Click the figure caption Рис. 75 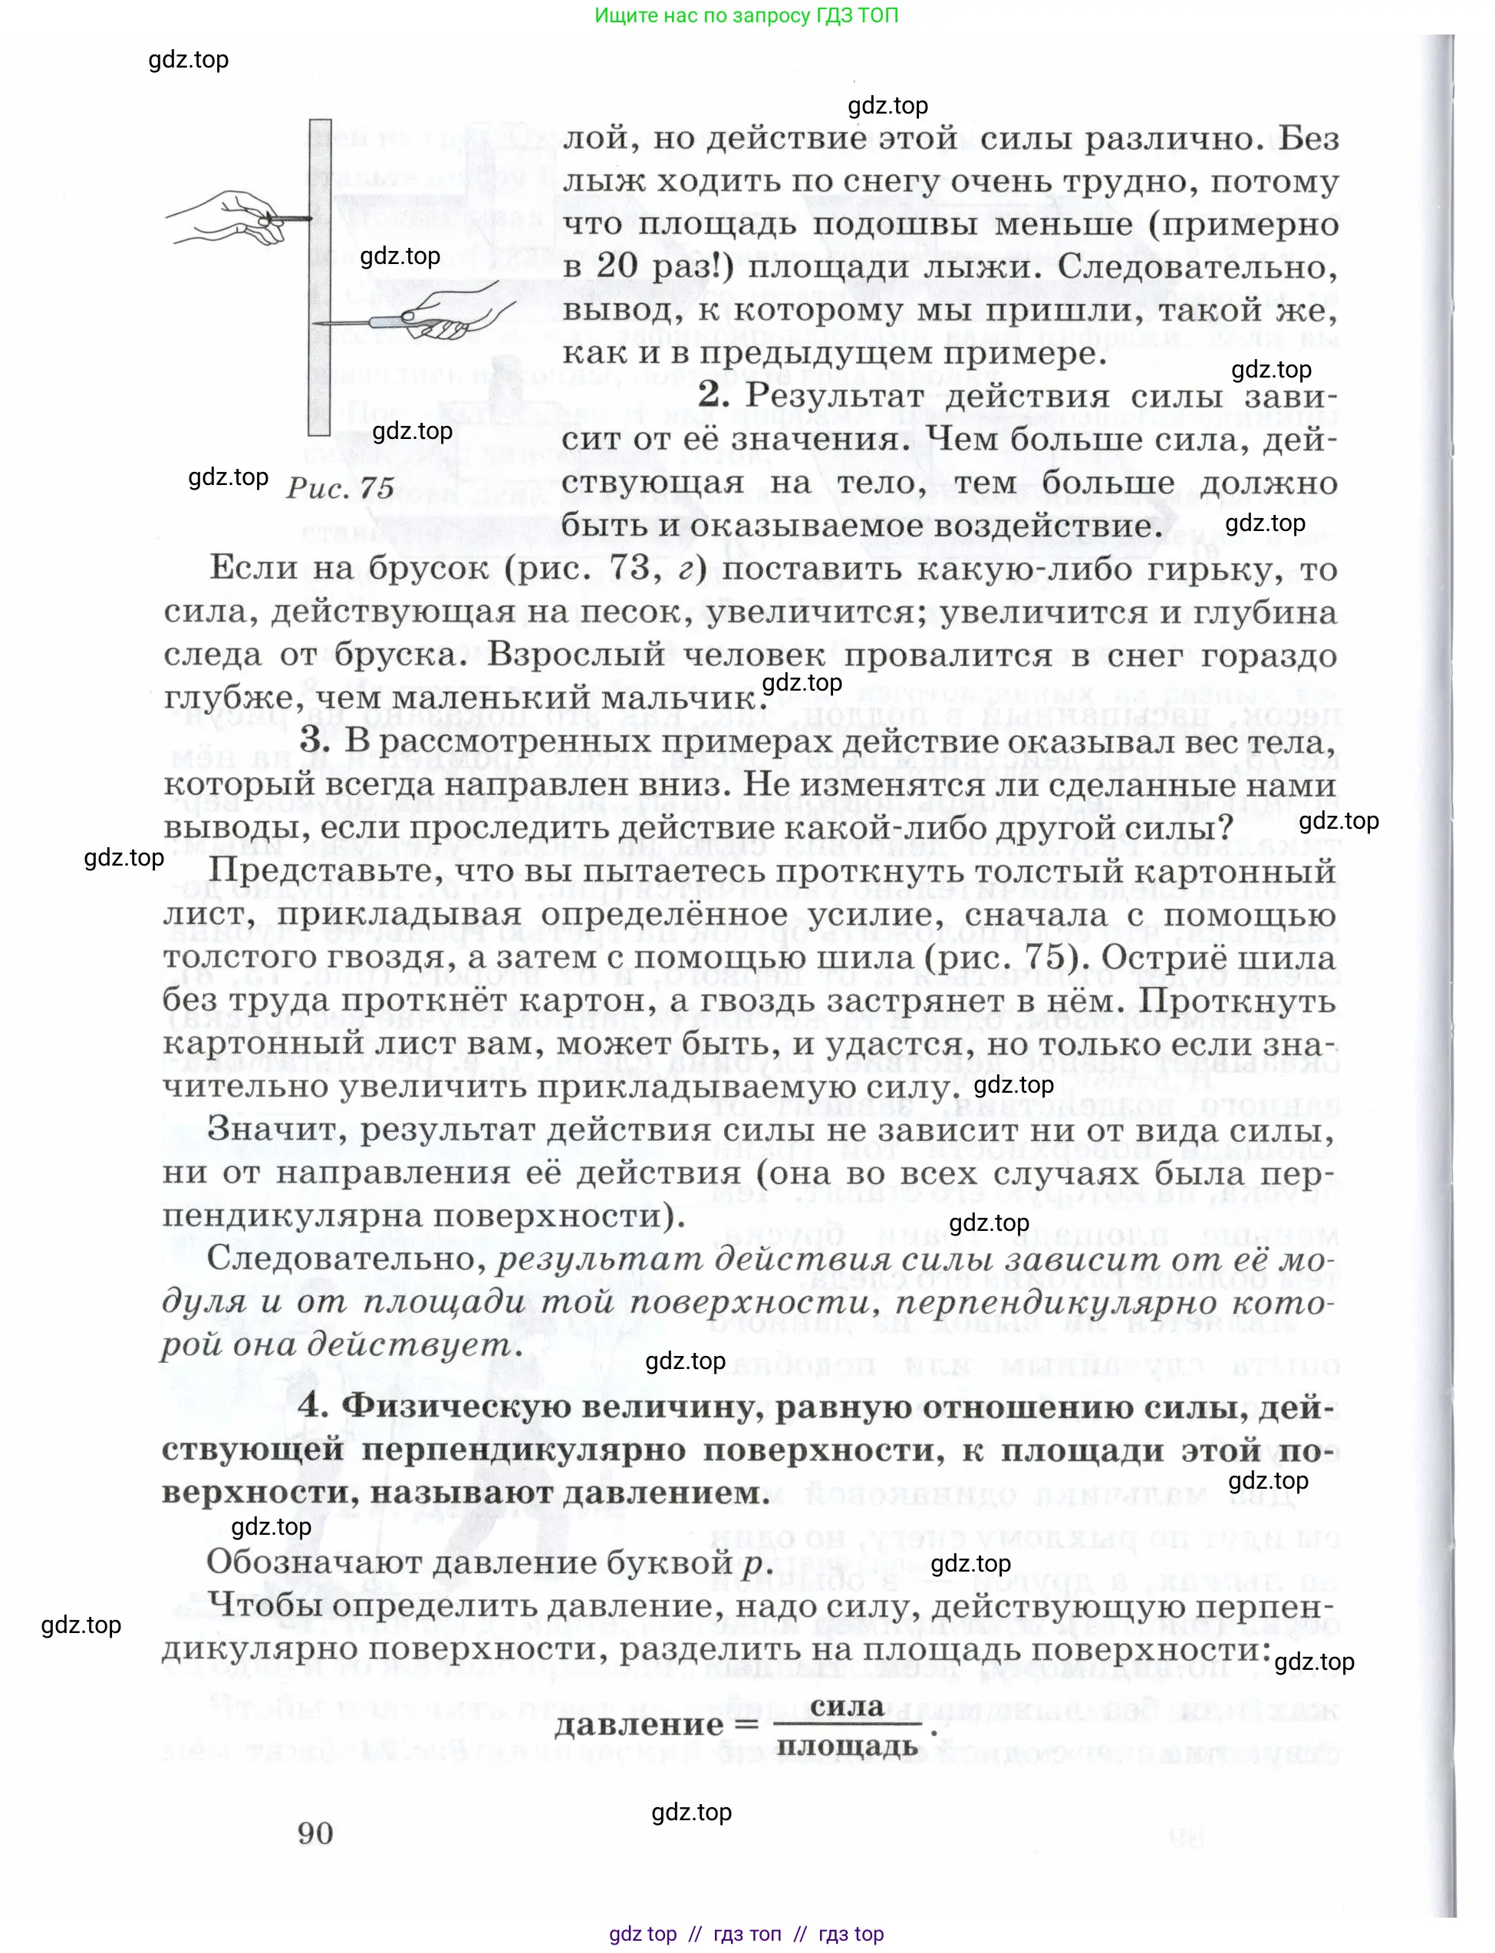pyautogui.click(x=340, y=487)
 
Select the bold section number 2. pyautogui.click(x=713, y=395)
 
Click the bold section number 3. pyautogui.click(x=315, y=741)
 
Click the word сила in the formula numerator pyautogui.click(x=846, y=1707)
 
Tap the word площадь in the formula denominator pyautogui.click(x=846, y=1746)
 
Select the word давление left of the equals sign pyautogui.click(x=639, y=1725)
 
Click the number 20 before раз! pyautogui.click(x=617, y=266)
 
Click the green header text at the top pyautogui.click(x=746, y=15)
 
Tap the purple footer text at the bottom pyautogui.click(x=746, y=1933)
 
